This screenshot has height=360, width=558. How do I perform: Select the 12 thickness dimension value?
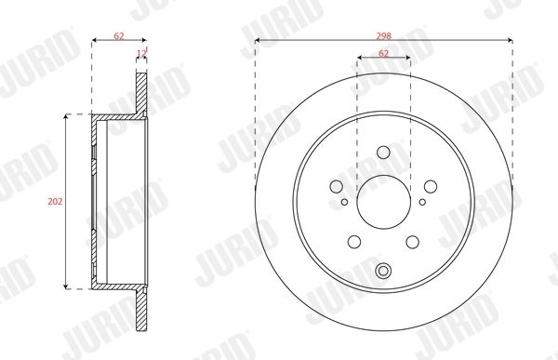141,54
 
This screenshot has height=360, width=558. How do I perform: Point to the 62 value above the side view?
119,34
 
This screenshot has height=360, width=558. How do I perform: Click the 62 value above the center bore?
384,54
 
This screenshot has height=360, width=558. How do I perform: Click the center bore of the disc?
383,201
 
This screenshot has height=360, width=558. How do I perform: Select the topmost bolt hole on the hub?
383,153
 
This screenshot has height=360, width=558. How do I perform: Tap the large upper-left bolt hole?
338,187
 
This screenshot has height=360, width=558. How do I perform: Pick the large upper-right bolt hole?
430,187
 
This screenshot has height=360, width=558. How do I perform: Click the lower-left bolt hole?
354,242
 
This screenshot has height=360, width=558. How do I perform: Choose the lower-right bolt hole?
412,242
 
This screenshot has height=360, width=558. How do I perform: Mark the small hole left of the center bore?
344,202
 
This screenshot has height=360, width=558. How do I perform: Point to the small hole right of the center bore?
422,202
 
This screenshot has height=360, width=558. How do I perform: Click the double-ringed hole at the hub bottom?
383,272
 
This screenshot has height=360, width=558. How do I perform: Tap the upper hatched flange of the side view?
141,94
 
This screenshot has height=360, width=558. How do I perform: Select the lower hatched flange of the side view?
141,307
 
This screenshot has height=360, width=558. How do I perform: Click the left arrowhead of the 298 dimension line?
258,40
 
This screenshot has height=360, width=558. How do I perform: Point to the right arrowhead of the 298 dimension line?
510,40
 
